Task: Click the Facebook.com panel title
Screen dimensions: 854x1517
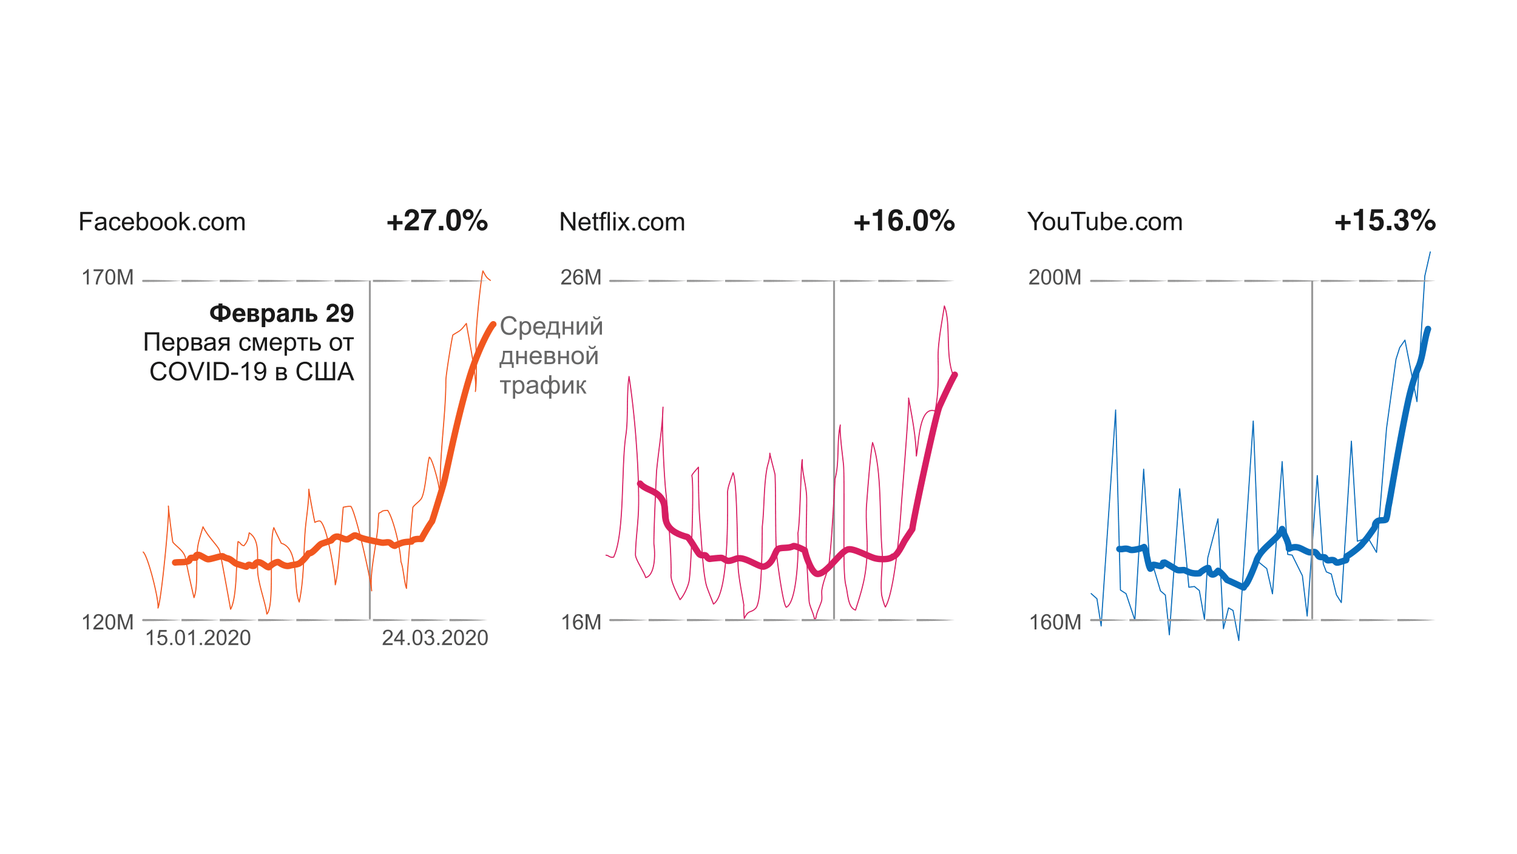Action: pyautogui.click(x=162, y=222)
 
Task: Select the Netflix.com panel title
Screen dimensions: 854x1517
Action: pyautogui.click(x=622, y=222)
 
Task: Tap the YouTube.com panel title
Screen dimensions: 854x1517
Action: pyautogui.click(x=1105, y=222)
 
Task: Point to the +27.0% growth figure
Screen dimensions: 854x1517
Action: pyautogui.click(x=437, y=221)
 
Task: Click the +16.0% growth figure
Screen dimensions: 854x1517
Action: pyautogui.click(x=904, y=221)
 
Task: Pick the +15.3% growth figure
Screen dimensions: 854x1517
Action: pyautogui.click(x=1385, y=221)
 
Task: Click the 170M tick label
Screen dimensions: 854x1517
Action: pyautogui.click(x=107, y=277)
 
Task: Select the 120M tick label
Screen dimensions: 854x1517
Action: pyautogui.click(x=107, y=622)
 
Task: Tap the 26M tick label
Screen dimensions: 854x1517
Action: pyautogui.click(x=581, y=277)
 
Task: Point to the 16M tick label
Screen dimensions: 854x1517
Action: pyautogui.click(x=581, y=622)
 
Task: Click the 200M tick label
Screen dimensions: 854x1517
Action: pyautogui.click(x=1055, y=277)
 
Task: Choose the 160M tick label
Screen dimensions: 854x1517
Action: pyautogui.click(x=1055, y=622)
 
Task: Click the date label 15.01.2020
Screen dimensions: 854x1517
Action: pyautogui.click(x=198, y=638)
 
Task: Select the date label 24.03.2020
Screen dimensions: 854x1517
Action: pyautogui.click(x=434, y=638)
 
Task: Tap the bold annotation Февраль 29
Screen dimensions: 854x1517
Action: pyautogui.click(x=282, y=313)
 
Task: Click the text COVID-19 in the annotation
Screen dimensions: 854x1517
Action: pyautogui.click(x=208, y=372)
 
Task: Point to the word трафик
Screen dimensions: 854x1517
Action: pyautogui.click(x=543, y=385)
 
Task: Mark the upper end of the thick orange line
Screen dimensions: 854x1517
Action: pyautogui.click(x=493, y=325)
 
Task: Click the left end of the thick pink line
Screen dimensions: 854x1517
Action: pyautogui.click(x=640, y=484)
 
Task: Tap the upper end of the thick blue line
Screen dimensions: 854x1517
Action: pyautogui.click(x=1428, y=330)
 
